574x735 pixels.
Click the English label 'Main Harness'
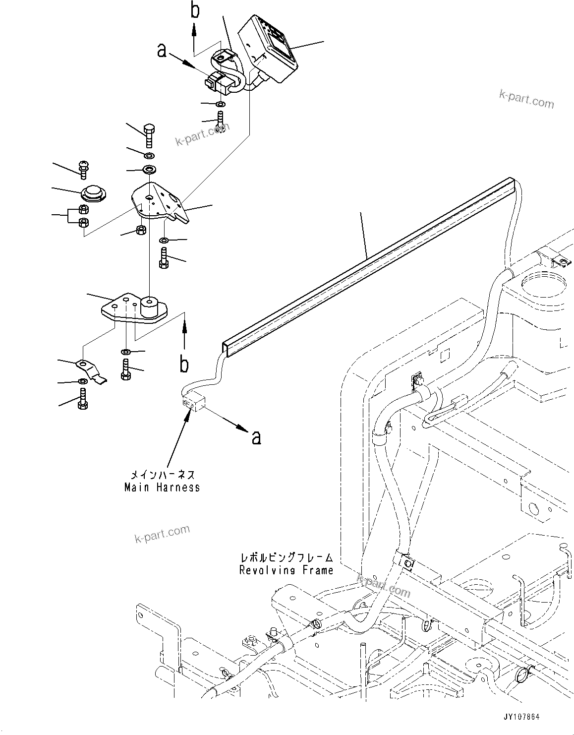162,488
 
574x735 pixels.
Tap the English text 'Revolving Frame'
286,570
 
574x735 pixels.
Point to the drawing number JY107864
518,717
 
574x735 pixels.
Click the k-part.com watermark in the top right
526,98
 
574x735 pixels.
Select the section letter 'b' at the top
195,11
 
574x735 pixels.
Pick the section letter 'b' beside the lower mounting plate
184,365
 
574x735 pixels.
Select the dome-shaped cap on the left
93,194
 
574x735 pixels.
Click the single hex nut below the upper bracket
140,230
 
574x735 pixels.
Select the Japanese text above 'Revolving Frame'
286,558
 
